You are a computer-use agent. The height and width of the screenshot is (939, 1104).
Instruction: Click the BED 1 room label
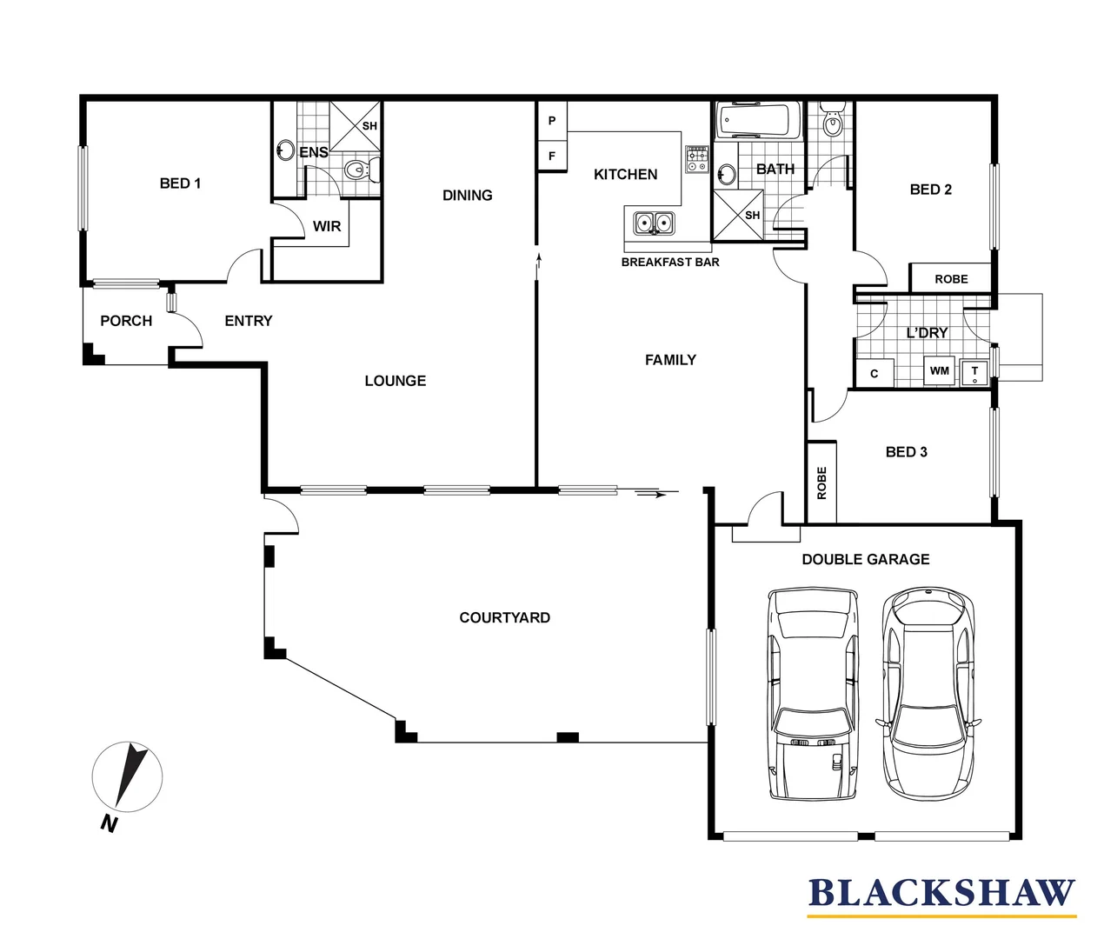[180, 183]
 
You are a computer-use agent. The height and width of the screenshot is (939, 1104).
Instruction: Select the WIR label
[327, 226]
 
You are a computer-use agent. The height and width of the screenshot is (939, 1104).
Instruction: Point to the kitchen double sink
[654, 223]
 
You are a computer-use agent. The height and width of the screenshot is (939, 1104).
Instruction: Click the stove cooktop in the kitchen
[697, 159]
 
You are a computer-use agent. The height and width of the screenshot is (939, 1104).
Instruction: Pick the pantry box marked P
[552, 121]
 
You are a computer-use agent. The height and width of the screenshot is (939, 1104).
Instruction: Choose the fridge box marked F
[552, 156]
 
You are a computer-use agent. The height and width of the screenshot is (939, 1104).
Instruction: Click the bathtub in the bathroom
[758, 120]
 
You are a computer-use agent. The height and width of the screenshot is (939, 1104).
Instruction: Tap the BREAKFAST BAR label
[669, 263]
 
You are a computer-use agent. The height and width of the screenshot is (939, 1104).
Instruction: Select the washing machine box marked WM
[940, 370]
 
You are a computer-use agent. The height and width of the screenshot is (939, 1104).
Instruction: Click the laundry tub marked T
[974, 372]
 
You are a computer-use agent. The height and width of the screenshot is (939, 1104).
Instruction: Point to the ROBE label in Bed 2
[951, 279]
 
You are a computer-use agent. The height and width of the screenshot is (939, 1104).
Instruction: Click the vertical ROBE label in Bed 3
[822, 483]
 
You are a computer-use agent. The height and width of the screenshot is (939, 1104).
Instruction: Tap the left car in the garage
[813, 695]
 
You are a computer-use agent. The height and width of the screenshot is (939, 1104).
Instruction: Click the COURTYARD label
[505, 617]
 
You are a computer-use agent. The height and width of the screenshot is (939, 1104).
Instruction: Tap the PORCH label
[126, 321]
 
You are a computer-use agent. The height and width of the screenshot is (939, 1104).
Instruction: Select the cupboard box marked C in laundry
[875, 373]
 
